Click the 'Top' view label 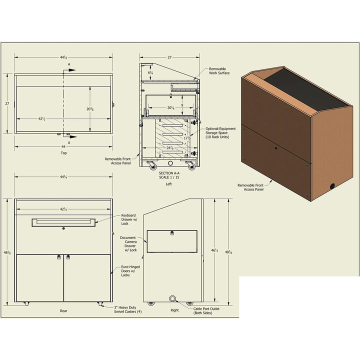[63, 152]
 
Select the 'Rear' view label [63, 310]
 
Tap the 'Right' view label [174, 310]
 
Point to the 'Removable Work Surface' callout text [219, 71]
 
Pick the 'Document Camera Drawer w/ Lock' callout [128, 244]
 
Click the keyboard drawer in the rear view [63, 222]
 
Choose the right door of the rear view [87, 277]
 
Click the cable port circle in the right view [173, 298]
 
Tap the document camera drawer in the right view [172, 241]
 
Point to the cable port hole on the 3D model [331, 186]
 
